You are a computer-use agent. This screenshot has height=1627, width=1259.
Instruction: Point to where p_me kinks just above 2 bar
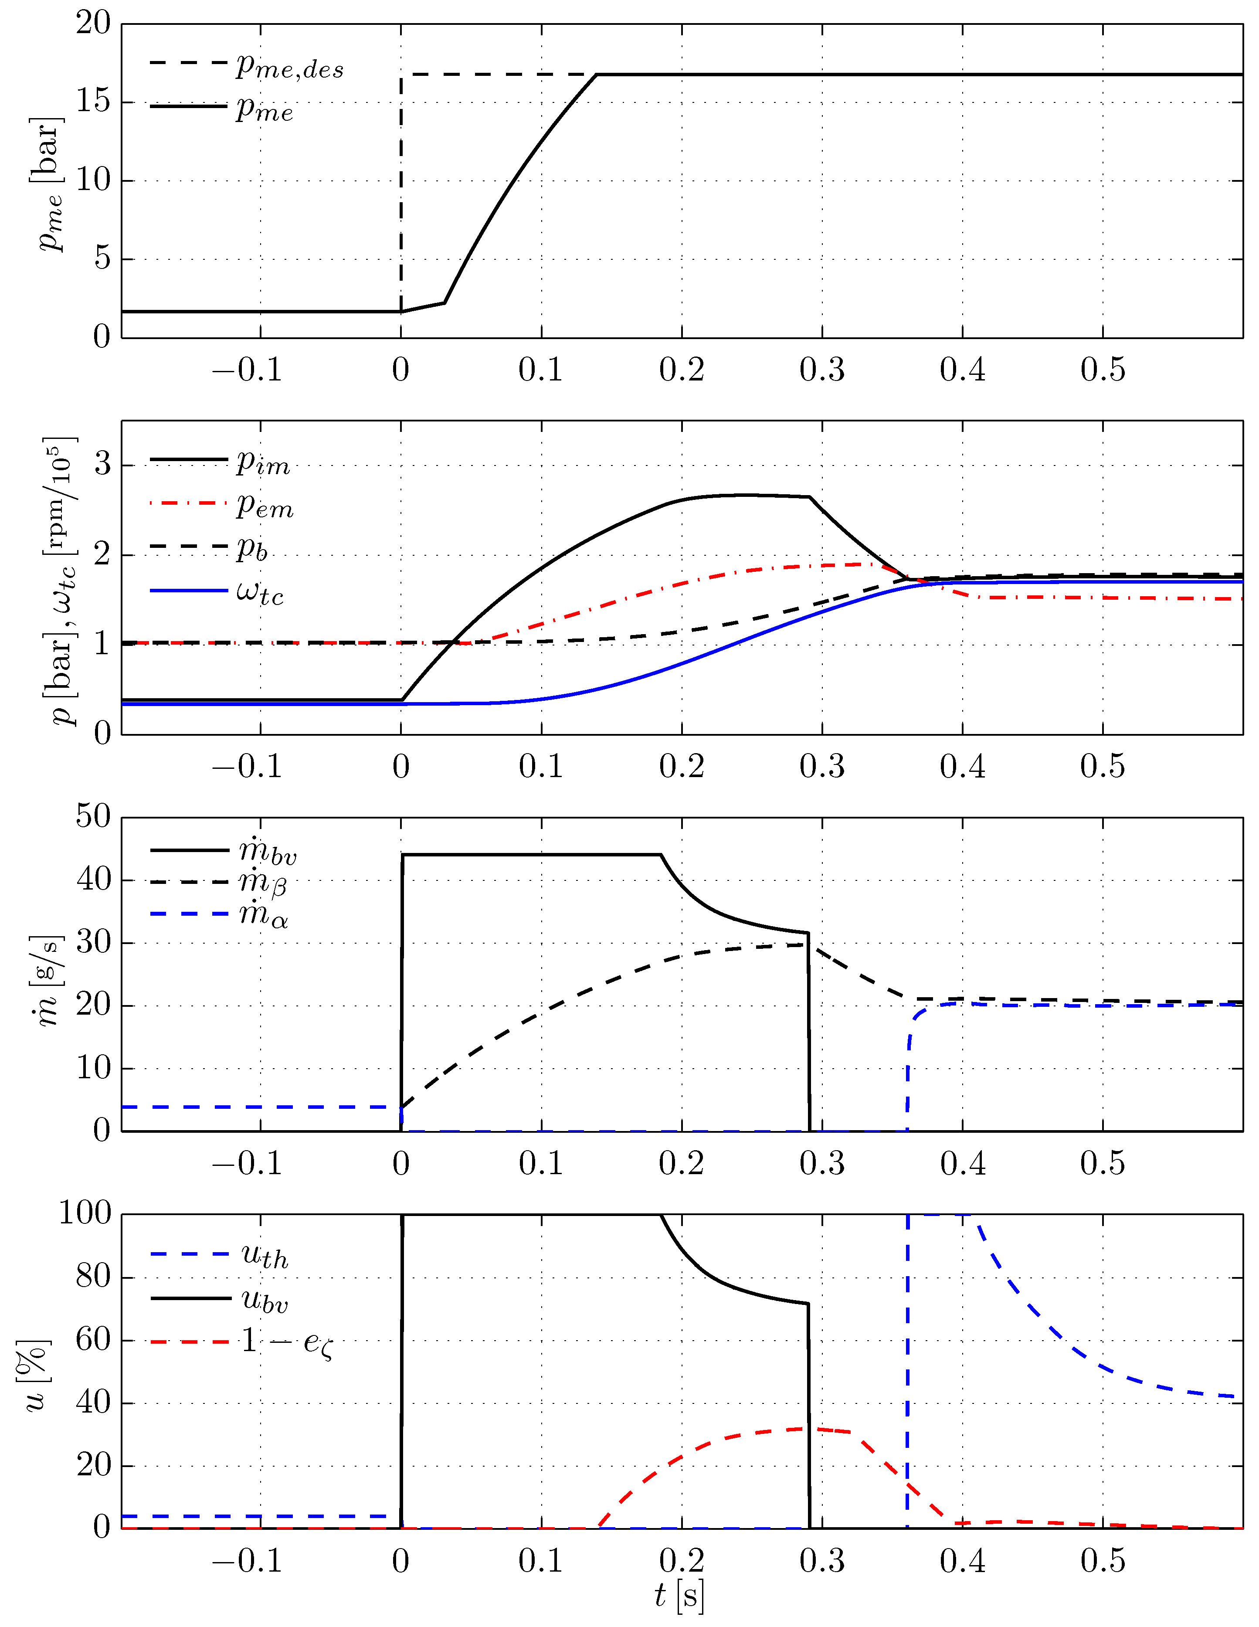click(x=445, y=302)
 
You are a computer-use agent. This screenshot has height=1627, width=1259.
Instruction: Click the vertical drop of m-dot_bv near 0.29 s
click(x=808, y=1043)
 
